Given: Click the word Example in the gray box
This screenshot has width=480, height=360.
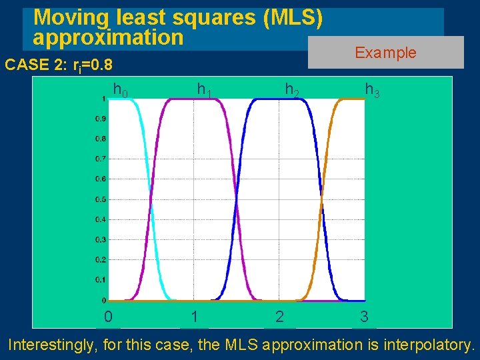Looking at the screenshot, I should [x=385, y=53].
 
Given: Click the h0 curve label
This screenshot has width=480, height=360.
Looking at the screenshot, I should [x=121, y=89].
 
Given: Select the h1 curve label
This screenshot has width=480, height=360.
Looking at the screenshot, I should [x=203, y=89].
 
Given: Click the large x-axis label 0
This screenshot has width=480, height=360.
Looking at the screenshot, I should [x=108, y=317].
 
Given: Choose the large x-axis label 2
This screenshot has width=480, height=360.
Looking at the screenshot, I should [x=279, y=317].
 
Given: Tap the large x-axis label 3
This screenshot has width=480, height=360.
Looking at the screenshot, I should [x=364, y=317].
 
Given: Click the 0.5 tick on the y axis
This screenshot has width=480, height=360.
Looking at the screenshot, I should [x=99, y=199].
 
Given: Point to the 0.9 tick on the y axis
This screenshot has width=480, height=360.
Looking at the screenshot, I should [x=99, y=119].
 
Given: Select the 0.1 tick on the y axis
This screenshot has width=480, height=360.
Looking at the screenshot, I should [x=99, y=280].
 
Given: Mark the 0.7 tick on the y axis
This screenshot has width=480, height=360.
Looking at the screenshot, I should [x=99, y=159].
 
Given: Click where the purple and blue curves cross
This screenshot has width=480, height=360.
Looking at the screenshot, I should [x=236, y=199].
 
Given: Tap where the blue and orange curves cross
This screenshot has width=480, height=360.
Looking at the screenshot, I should [x=321, y=199].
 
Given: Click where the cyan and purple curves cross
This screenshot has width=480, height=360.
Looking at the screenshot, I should [x=151, y=199].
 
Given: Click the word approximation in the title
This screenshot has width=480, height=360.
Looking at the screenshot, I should [x=108, y=37].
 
